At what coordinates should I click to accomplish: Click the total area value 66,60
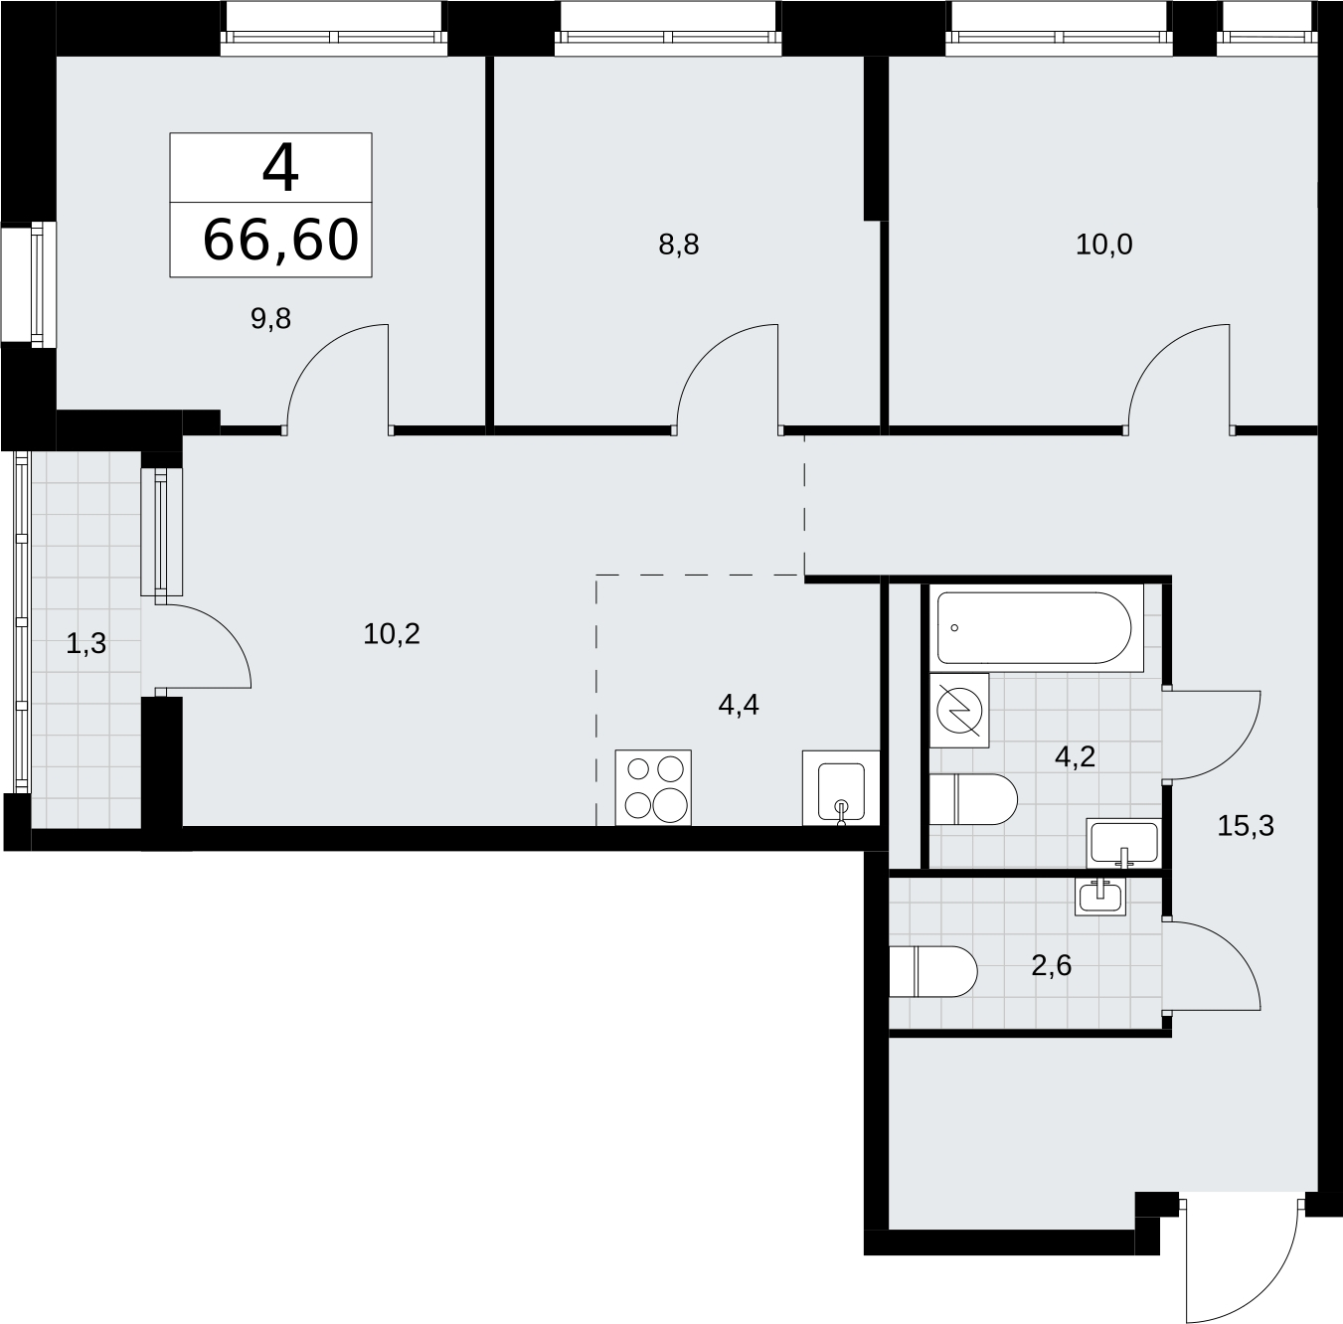pos(280,240)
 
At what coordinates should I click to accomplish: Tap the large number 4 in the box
pos(281,169)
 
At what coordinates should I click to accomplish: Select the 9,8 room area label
pos(270,319)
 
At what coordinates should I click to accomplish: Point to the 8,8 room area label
pos(678,245)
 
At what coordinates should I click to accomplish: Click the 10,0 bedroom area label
pos(1104,245)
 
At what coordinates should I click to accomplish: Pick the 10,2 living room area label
pos(392,634)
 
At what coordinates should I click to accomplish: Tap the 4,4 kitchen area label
pos(738,705)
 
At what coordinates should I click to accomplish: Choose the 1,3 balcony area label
pos(85,643)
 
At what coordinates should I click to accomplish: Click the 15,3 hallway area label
pos(1246,825)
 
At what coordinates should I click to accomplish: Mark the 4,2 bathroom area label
pos(1075,756)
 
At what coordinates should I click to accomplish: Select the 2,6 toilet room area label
pos(1051,965)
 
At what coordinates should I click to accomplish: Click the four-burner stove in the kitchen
pos(653,787)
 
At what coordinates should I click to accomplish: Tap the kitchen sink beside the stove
pos(841,788)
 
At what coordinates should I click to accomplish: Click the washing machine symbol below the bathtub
pos(959,711)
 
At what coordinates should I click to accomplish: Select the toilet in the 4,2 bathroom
pos(973,799)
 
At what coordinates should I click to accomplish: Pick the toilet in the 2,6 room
pos(933,971)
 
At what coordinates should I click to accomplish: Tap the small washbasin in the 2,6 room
pos(1100,896)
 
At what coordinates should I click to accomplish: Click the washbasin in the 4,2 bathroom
pos(1123,842)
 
